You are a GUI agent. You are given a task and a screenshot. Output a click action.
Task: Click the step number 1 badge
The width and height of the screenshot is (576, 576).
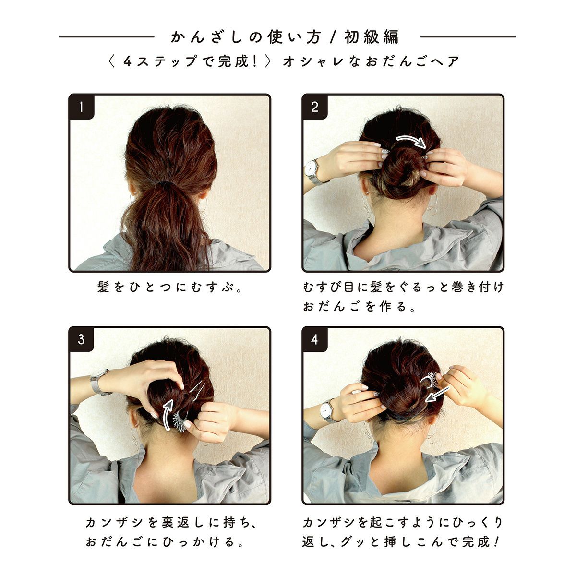coord(81,107)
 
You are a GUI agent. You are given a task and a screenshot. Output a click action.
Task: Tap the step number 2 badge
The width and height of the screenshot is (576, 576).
coord(314,107)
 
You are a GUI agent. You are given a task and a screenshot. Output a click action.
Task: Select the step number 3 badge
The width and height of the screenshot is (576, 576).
coord(81,339)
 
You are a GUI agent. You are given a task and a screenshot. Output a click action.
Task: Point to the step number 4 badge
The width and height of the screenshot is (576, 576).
coord(314,339)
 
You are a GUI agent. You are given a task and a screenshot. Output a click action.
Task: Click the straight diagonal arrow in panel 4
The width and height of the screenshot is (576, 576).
coord(437,394)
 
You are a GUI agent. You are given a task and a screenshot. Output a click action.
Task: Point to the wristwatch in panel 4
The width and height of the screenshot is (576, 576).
coord(328,410)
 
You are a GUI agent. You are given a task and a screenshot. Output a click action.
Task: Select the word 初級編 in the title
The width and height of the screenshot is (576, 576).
coord(372,37)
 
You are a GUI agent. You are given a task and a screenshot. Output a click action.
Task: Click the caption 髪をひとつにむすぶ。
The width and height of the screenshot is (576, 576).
coord(170,287)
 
